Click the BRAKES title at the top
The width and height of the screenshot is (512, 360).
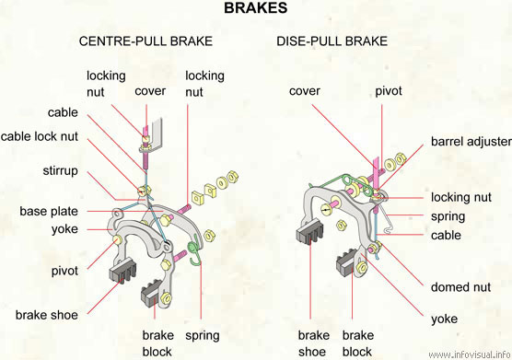[256, 8]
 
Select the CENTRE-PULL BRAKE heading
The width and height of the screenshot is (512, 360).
[145, 41]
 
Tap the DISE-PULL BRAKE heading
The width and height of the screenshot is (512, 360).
[332, 41]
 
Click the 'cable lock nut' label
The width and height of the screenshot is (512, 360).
[40, 136]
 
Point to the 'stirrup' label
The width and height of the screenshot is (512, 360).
[61, 170]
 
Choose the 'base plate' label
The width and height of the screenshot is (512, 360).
[49, 211]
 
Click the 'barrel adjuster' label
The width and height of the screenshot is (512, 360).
[471, 141]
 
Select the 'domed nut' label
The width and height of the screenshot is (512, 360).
[460, 287]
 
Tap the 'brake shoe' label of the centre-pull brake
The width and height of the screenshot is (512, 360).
[47, 315]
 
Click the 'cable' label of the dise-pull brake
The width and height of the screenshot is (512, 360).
[446, 235]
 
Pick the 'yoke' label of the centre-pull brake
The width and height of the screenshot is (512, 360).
[64, 229]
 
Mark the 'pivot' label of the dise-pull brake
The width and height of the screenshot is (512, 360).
[389, 91]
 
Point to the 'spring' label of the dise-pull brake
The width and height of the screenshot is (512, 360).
[448, 216]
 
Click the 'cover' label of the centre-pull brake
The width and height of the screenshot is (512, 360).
[150, 91]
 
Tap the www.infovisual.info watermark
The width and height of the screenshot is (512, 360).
[470, 354]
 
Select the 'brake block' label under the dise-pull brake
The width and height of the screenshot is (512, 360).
[358, 343]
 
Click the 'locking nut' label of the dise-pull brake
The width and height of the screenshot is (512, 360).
[461, 197]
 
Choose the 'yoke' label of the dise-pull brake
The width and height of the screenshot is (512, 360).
[444, 319]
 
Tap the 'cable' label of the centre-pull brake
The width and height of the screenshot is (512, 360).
[63, 112]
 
